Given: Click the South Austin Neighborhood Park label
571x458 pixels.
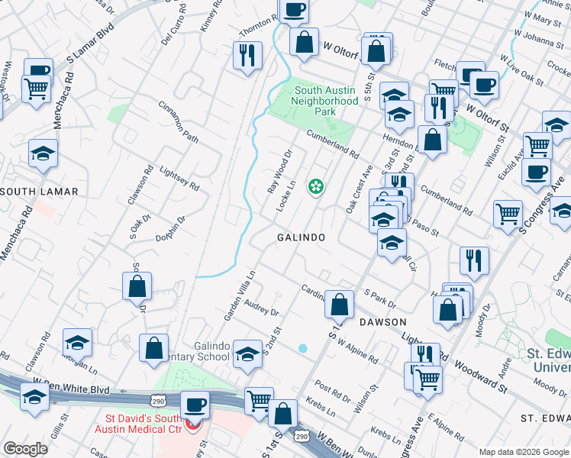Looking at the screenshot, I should (x=326, y=101).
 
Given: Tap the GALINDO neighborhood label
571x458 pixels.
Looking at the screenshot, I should (x=301, y=237).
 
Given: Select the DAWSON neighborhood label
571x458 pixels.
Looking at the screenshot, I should (x=383, y=322).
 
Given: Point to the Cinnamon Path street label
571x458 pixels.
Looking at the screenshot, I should (x=178, y=123).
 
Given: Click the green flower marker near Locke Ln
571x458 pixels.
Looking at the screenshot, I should (x=315, y=185).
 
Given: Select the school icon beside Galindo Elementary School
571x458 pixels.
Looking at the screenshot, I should (x=247, y=353).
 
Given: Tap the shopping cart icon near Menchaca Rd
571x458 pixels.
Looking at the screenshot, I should (x=37, y=89).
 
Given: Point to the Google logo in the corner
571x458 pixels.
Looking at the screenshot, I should (x=25, y=449).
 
